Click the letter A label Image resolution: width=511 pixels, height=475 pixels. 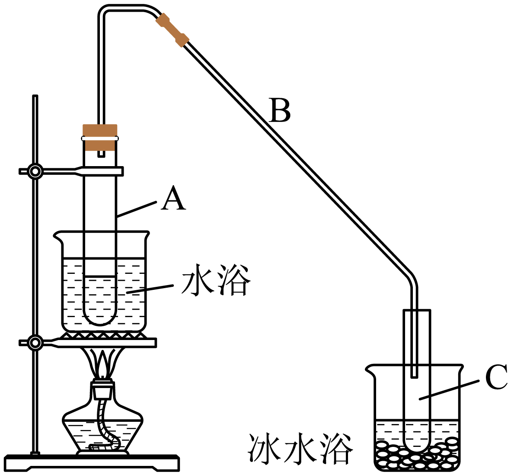coord(173,198)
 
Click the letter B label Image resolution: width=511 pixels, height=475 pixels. coord(280,110)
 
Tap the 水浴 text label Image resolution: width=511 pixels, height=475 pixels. coord(216,280)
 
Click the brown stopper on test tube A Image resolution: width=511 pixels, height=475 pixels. coord(100,137)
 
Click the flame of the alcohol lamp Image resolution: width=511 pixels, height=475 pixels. coord(103,363)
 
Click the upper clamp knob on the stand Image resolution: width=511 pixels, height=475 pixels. coord(35,171)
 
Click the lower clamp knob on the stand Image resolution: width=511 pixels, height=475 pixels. coord(35,343)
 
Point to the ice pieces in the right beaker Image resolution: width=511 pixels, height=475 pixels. coord(418,454)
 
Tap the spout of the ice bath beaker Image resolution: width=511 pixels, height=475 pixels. coord(370,370)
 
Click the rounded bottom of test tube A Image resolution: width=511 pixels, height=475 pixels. coord(100,320)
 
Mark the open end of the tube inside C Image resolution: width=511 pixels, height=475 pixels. coord(414,377)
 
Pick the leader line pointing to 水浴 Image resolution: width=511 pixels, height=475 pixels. coord(150,289)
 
